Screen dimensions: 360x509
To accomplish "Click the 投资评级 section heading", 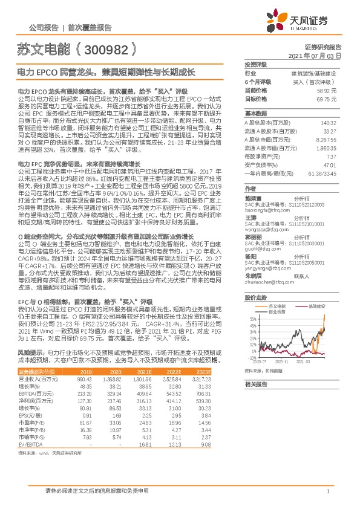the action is coord(257,64).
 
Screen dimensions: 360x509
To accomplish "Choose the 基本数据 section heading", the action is coord(257,114).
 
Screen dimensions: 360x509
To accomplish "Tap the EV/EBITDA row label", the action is coord(33,445).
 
